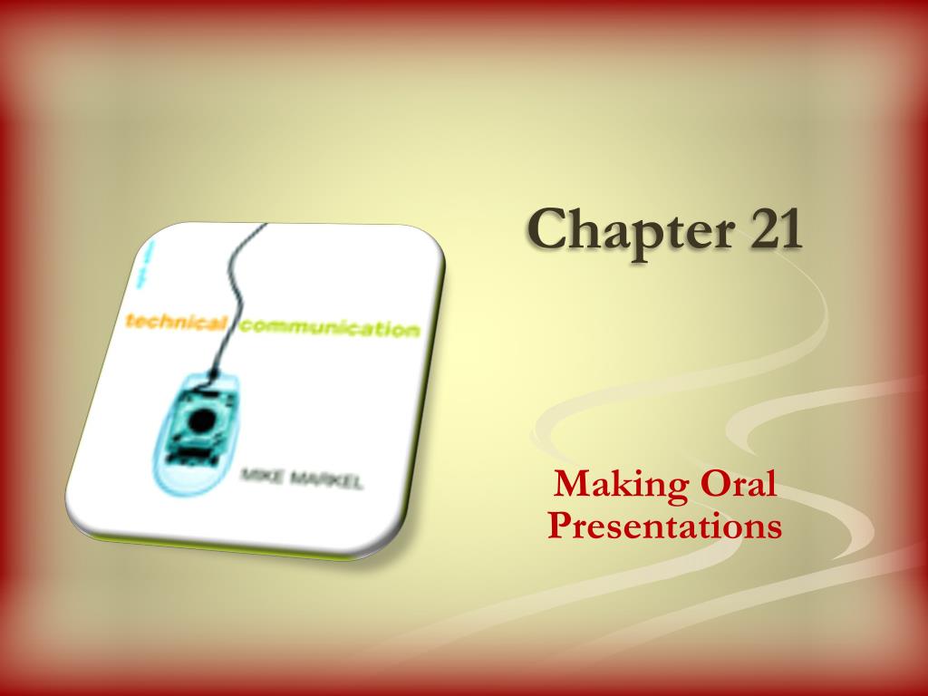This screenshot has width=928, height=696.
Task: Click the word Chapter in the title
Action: tap(625, 228)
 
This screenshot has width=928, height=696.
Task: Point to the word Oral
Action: tap(738, 484)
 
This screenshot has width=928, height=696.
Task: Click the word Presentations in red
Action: tap(664, 525)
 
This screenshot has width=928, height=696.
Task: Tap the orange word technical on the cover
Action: tap(177, 322)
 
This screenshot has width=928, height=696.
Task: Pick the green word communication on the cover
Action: tap(332, 327)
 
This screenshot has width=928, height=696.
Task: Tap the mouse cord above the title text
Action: tap(237, 272)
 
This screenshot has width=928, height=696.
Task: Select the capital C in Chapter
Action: tap(547, 228)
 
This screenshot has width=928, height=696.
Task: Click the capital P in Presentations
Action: tap(558, 525)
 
